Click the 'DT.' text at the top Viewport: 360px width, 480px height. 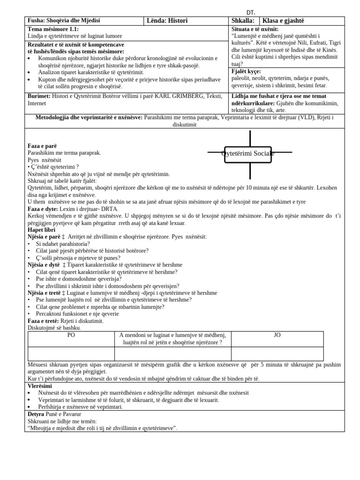tap(251, 12)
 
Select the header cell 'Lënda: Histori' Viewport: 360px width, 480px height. tap(167, 21)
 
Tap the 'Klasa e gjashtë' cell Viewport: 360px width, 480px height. tap(283, 21)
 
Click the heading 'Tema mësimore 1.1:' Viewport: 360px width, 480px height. tap(50, 29)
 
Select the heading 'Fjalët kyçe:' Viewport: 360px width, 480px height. tap(246, 71)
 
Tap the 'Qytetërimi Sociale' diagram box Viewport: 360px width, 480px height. tap(248, 153)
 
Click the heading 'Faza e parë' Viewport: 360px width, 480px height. tap(42, 146)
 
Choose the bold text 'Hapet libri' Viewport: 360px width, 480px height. tap(41, 230)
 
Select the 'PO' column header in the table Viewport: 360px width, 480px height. tap(71, 335)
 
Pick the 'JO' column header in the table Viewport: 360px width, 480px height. tap(277, 335)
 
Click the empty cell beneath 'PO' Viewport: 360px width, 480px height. tap(71, 353)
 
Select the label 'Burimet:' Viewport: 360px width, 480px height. tap(39, 96)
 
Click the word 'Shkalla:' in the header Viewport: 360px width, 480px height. tap(243, 21)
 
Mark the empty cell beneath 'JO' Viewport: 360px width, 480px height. tap(277, 353)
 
